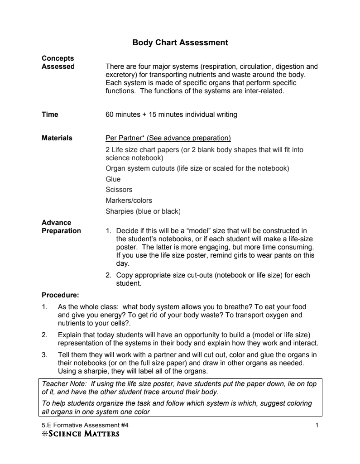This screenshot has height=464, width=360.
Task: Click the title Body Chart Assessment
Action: [x=180, y=43]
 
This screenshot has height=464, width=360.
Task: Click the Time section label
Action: [x=50, y=115]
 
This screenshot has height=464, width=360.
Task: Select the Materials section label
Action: [x=57, y=138]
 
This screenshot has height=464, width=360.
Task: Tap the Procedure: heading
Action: [x=60, y=296]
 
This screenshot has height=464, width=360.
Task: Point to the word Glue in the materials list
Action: [x=113, y=179]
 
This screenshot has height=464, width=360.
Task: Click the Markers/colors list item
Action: [x=129, y=200]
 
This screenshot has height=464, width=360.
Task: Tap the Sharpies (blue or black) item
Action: [x=143, y=211]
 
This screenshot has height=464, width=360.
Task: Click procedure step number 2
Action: [x=44, y=335]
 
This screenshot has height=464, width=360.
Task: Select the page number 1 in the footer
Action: [x=317, y=426]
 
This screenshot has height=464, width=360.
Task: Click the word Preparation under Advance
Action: [x=61, y=231]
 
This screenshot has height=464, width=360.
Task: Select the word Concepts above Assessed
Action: [x=58, y=58]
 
